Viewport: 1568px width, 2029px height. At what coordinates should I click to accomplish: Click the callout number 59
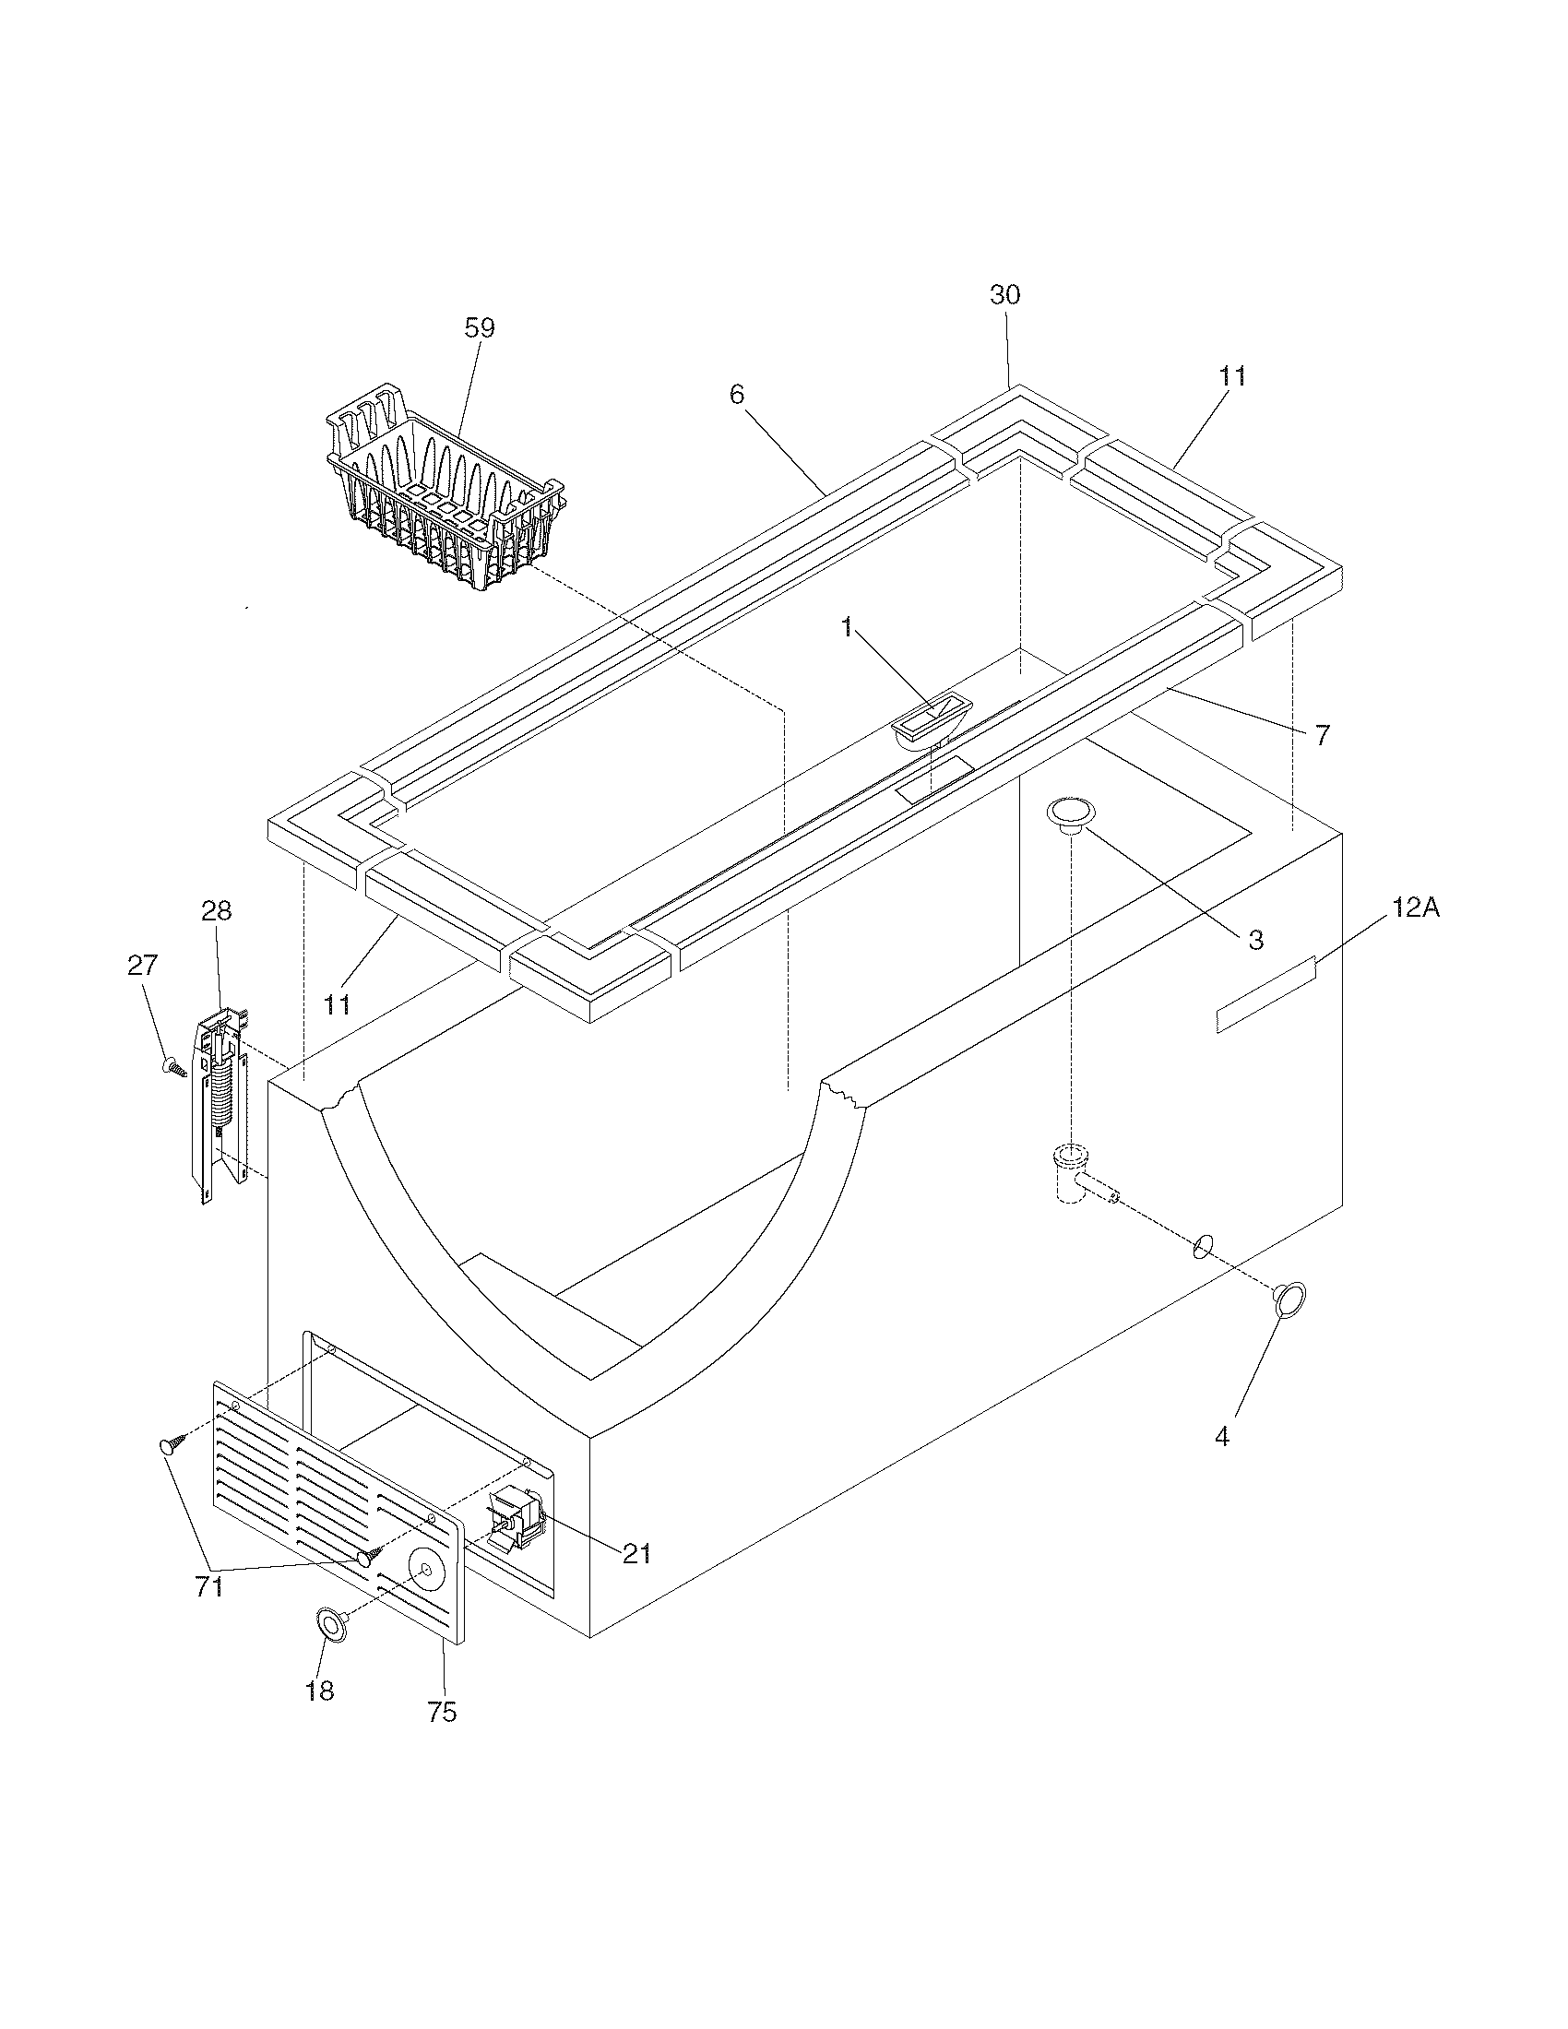480,328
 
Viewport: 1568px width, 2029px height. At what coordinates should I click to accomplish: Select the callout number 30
1005,295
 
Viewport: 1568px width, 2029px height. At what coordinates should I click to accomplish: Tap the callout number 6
737,395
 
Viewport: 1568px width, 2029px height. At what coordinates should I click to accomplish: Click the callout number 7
1323,736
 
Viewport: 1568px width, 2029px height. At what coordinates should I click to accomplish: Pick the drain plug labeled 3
1070,812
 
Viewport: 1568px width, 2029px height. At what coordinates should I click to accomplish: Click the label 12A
1416,908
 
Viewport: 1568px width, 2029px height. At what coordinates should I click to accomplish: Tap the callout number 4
1221,1437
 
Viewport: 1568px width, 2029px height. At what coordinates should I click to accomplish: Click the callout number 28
217,911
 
